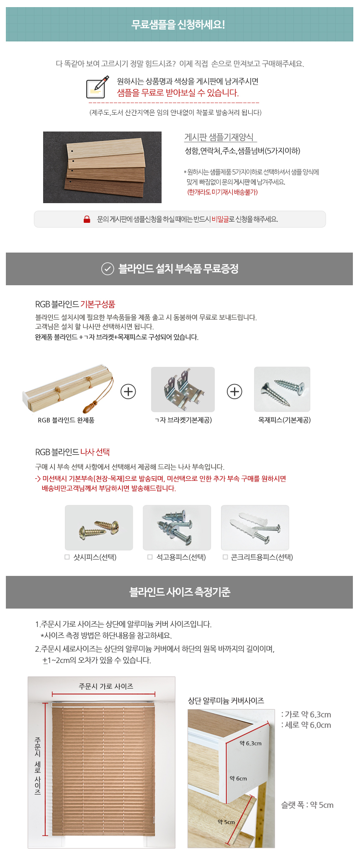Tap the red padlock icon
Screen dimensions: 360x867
click(x=87, y=219)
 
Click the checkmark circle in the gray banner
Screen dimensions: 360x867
click(x=108, y=268)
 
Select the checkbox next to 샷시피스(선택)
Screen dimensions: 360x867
click(x=67, y=557)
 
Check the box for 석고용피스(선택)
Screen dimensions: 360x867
click(x=150, y=557)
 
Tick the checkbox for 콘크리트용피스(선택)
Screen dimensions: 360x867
click(x=225, y=557)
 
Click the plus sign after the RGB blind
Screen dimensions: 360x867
click(x=128, y=392)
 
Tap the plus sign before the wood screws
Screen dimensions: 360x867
click(x=234, y=392)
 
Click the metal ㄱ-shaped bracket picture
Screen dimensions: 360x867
click(x=183, y=390)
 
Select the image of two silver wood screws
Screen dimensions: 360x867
click(x=282, y=390)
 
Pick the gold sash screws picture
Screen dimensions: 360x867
click(x=99, y=528)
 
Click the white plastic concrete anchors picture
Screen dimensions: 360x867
click(x=255, y=528)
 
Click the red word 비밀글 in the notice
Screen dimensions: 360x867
click(x=220, y=219)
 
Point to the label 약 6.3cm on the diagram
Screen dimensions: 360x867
click(x=250, y=743)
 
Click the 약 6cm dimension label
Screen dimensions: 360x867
click(x=238, y=778)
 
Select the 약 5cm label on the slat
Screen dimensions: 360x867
click(x=226, y=822)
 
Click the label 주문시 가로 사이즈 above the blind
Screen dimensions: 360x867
click(x=106, y=686)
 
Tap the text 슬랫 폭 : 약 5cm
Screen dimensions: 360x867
click(x=307, y=805)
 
